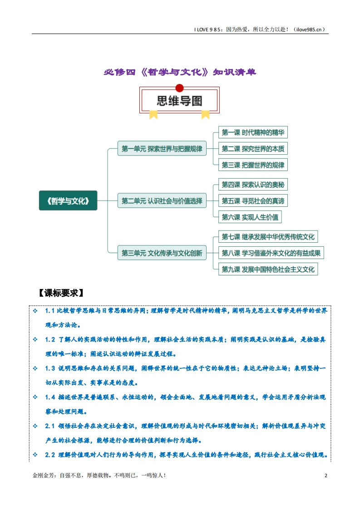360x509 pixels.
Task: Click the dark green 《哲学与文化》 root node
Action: pyautogui.click(x=68, y=201)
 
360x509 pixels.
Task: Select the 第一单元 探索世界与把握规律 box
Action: pyautogui.click(x=162, y=148)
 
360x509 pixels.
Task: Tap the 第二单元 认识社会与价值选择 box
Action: pyautogui.click(x=162, y=201)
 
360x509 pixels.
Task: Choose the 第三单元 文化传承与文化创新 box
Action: pyautogui.click(x=162, y=253)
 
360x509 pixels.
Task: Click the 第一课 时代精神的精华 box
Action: pyautogui.click(x=253, y=132)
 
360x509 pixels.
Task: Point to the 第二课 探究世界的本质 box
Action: pyautogui.click(x=253, y=149)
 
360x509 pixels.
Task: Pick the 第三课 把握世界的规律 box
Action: pyautogui.click(x=253, y=165)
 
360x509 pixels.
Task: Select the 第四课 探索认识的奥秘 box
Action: pyautogui.click(x=253, y=185)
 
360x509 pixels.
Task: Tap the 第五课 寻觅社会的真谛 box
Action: pyautogui.click(x=253, y=201)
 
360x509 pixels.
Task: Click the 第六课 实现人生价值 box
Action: pyautogui.click(x=250, y=217)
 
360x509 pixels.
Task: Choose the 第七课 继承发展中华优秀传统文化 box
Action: pyautogui.click(x=268, y=237)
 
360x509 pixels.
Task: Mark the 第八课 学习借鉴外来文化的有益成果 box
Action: pyautogui.click(x=271, y=253)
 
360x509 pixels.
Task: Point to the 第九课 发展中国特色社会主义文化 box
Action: pyautogui.click(x=268, y=269)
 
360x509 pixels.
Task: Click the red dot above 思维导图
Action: pyautogui.click(x=179, y=88)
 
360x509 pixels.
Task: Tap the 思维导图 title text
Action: pyautogui.click(x=179, y=101)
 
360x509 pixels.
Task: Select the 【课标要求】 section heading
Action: pyautogui.click(x=61, y=293)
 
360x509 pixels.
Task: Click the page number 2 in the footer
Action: pyautogui.click(x=326, y=475)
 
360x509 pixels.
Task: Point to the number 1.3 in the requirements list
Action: pyautogui.click(x=50, y=368)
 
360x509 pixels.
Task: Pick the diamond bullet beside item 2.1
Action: pyautogui.click(x=35, y=426)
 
